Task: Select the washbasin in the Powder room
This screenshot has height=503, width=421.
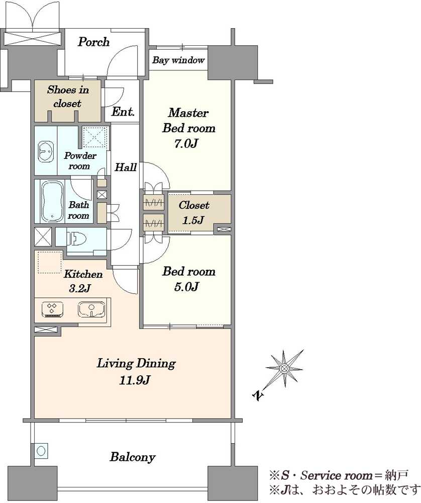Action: (x=46, y=151)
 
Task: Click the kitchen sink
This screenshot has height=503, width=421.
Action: (x=91, y=309)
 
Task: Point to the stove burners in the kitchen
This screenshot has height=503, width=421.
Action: (x=53, y=309)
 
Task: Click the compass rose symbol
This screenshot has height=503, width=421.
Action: (x=284, y=368)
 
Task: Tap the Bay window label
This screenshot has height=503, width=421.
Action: (x=178, y=60)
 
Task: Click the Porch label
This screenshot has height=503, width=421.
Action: (x=93, y=42)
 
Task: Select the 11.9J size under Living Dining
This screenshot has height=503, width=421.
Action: (x=135, y=380)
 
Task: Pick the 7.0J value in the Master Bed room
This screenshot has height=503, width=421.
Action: (x=186, y=143)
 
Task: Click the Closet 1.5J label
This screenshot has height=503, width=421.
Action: (x=193, y=212)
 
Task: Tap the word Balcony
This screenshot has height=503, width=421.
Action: (x=132, y=457)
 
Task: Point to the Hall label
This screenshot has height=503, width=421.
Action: (x=126, y=167)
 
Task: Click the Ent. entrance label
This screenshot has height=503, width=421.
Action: (x=123, y=112)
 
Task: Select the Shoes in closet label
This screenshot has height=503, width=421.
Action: (x=68, y=97)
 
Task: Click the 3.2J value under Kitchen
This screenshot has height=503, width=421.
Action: (x=80, y=288)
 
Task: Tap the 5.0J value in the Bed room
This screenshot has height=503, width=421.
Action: (x=186, y=286)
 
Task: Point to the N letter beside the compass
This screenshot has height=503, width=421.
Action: (x=258, y=395)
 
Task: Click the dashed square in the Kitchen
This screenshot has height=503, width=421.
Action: (x=50, y=263)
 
